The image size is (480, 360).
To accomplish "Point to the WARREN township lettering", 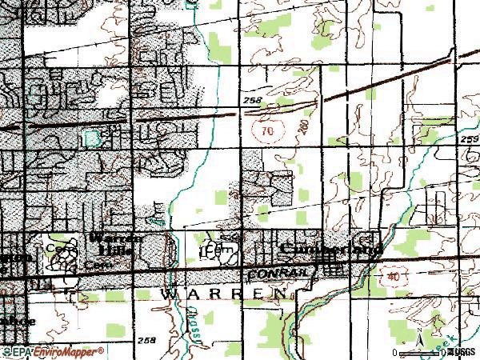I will pos(224,294).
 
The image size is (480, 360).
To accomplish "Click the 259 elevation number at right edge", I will pos(470,138).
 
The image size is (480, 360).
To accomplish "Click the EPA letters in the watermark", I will pos(17,351).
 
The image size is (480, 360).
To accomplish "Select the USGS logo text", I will pos(462,352).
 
